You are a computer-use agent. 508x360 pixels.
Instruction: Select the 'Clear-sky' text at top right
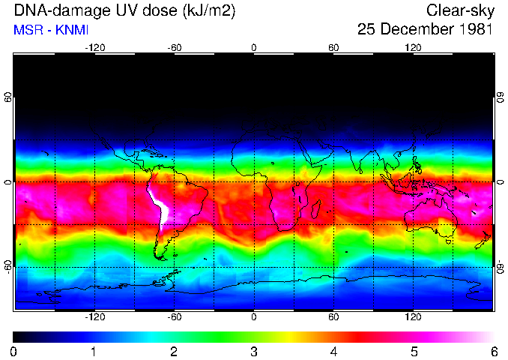459,11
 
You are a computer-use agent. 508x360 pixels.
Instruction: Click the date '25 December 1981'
425,30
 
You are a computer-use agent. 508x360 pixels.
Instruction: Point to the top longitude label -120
94,48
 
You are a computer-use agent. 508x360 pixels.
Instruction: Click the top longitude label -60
174,48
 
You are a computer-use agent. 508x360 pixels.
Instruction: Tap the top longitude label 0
254,48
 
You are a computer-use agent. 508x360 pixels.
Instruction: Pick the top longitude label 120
413,48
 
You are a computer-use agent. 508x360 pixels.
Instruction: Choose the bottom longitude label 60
333,317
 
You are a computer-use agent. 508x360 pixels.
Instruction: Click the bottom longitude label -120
94,317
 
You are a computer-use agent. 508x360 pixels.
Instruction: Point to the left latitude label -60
8,266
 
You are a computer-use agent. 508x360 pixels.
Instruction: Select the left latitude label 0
8,182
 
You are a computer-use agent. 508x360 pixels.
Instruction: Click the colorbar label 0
14,351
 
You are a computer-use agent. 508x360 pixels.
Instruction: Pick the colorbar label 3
253,351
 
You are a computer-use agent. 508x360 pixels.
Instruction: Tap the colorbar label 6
493,351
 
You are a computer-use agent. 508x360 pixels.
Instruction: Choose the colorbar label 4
333,351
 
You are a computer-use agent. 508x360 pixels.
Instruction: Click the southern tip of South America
160,257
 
